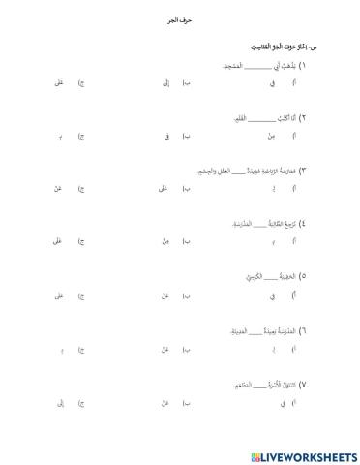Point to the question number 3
pos(302,170)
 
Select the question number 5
pos(302,276)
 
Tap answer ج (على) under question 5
pos(59,294)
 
